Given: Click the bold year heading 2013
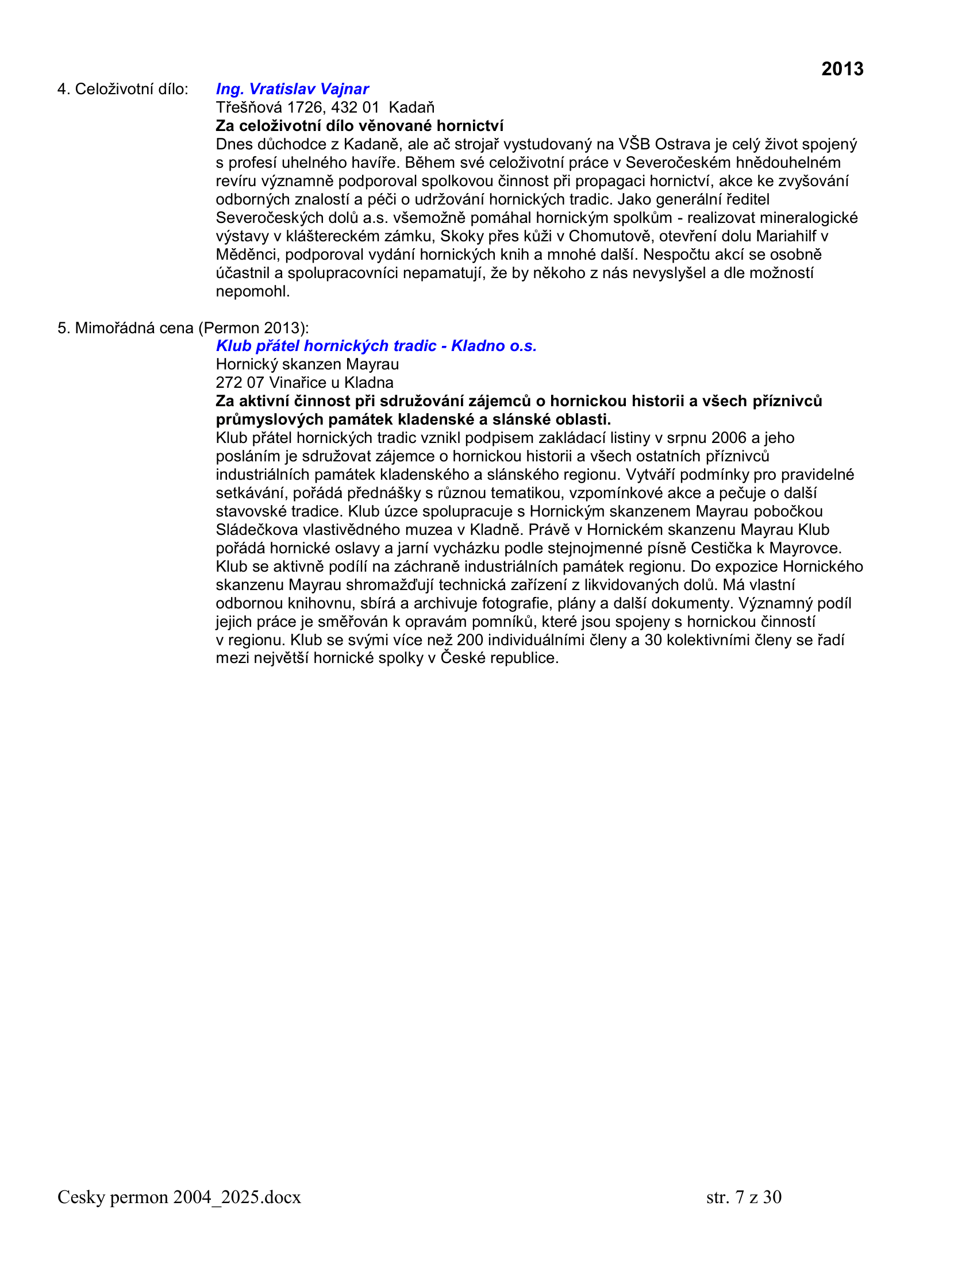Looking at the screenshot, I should pyautogui.click(x=841, y=69).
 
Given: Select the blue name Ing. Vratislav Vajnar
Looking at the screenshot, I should pyautogui.click(x=293, y=89).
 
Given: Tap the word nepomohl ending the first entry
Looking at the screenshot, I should pyautogui.click(x=252, y=291).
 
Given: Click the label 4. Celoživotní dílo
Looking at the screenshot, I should pyautogui.click(x=123, y=89).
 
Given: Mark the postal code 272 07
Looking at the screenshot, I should pyautogui.click(x=240, y=383).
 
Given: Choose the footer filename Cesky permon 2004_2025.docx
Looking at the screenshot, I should pyautogui.click(x=179, y=1197).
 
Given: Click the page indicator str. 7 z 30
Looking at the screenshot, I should pyautogui.click(x=744, y=1197).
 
